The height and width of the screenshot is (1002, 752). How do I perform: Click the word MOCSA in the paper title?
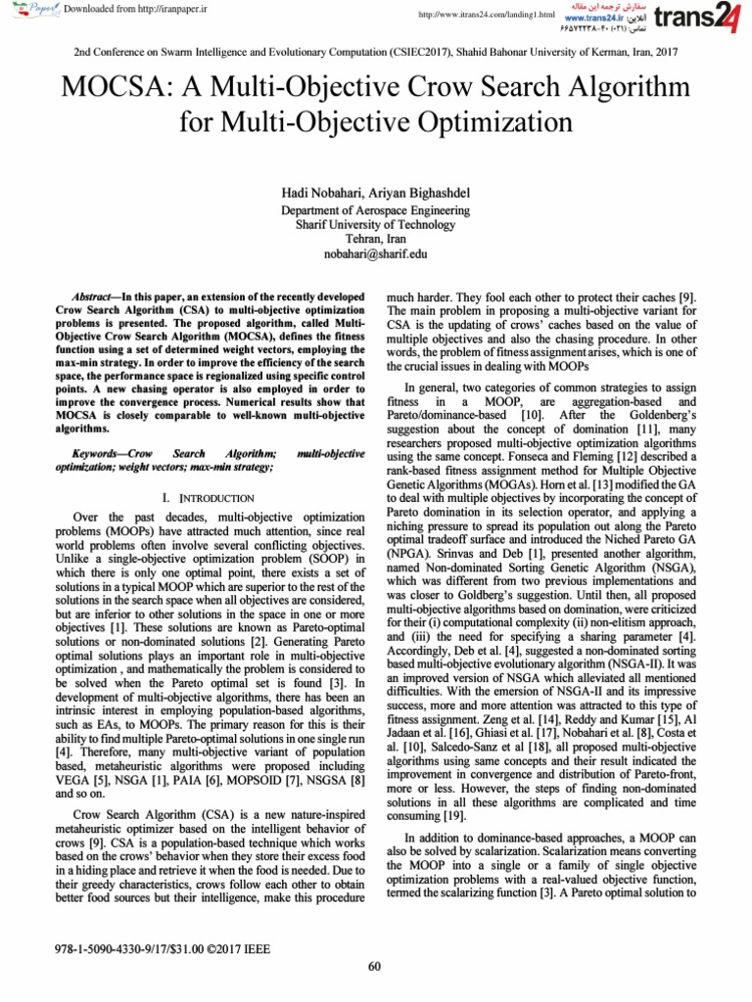tap(117, 88)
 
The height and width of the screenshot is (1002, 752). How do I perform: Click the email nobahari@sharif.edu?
tap(376, 254)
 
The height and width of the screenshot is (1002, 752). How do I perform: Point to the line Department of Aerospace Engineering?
tap(376, 210)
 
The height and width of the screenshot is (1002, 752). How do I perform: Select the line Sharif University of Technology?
tap(376, 225)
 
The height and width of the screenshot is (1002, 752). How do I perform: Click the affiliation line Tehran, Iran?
tap(376, 240)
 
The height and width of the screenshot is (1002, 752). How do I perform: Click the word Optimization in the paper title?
tap(503, 123)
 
